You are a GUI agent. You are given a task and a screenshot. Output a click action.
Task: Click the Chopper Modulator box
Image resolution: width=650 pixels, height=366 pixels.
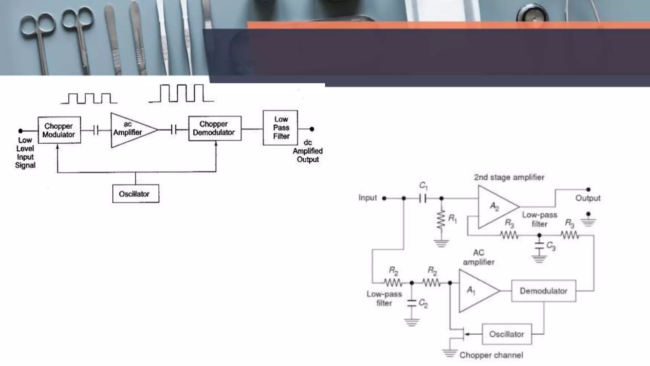59,130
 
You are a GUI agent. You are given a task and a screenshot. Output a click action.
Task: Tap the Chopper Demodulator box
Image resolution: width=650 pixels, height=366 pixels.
215,128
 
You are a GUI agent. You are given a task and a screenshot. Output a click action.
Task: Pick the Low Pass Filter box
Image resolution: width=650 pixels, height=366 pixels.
281,128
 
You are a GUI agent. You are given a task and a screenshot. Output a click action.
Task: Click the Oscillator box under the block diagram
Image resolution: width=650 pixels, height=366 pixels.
136,193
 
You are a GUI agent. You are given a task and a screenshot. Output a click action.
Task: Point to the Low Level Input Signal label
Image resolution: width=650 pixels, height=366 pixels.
25,153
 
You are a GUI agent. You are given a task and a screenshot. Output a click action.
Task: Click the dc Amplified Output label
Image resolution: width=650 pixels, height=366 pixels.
308,151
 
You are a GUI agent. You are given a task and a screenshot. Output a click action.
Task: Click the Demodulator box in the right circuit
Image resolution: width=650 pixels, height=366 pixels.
543,291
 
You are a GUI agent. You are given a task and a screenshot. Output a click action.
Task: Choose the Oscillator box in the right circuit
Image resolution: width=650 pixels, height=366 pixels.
507,334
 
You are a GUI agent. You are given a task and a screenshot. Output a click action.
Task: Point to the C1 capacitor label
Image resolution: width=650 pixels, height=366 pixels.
423,185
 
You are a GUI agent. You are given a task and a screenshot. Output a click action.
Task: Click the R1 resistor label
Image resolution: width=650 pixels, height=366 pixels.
452,219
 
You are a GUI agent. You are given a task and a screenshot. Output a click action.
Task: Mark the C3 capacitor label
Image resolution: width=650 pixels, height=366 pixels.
551,246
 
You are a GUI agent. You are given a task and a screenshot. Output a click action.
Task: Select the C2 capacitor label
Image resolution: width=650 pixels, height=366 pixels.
423,303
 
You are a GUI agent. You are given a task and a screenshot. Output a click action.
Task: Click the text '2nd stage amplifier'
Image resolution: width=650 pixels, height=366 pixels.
509,177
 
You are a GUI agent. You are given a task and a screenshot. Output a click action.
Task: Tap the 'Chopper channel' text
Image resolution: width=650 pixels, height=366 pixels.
491,355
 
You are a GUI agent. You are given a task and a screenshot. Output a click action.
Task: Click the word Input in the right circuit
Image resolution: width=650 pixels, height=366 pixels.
368,198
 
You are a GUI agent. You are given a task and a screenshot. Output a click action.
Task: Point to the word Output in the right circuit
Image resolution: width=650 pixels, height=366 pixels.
588,198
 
